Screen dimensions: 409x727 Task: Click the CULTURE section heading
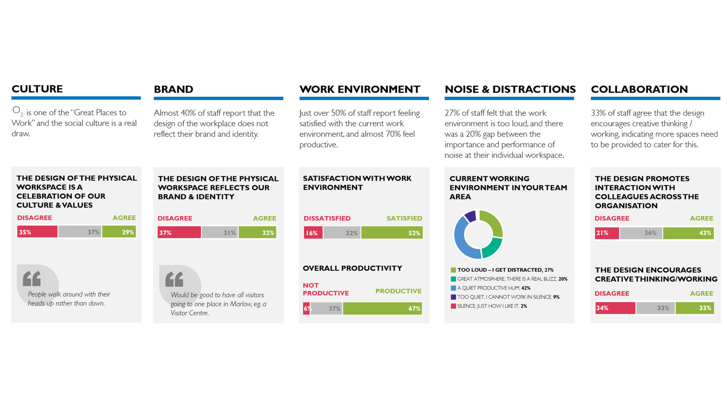coord(37,89)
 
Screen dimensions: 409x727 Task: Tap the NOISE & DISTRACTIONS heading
coord(510,89)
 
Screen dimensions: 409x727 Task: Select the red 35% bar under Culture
coord(37,232)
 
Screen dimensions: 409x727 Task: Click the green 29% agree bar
coord(119,232)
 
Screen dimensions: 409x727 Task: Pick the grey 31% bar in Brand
coord(220,233)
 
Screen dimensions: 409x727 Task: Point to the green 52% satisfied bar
coord(392,233)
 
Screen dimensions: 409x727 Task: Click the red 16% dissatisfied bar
coord(313,233)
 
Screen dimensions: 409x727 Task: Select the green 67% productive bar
coord(382,308)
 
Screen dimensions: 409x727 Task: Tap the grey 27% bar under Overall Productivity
coord(326,308)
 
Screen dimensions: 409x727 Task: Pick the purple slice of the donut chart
coord(470,216)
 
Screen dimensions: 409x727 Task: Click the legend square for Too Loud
coord(453,270)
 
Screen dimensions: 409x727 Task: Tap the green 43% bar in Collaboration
coord(688,233)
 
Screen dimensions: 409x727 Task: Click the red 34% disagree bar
coord(615,308)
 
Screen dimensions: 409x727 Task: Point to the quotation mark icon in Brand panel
coord(175,279)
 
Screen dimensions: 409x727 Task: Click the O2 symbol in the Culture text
coord(17,111)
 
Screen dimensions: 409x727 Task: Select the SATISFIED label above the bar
coord(404,218)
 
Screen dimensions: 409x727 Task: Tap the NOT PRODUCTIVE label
coord(325,289)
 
